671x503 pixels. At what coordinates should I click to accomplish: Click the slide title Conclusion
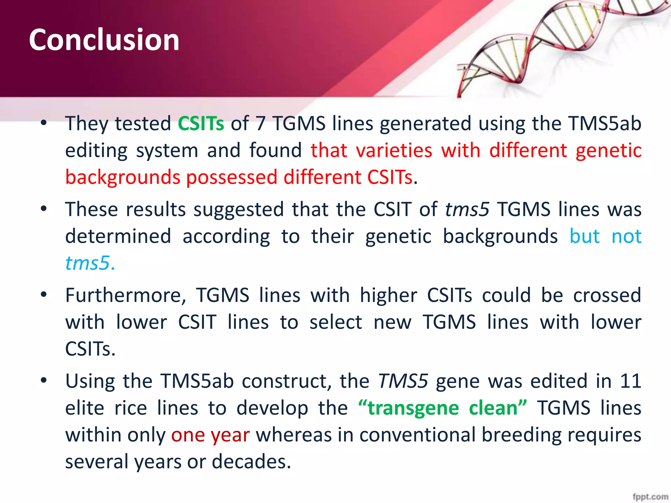(x=104, y=40)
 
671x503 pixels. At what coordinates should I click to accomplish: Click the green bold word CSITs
(x=201, y=123)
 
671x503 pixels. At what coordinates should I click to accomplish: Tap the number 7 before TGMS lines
(x=260, y=123)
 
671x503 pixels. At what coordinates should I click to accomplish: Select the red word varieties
(x=394, y=150)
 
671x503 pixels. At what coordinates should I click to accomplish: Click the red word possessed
(x=232, y=177)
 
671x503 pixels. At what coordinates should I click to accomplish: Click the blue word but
(x=585, y=236)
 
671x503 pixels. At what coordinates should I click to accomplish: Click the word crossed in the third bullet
(x=607, y=295)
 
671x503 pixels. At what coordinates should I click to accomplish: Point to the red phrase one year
(x=210, y=435)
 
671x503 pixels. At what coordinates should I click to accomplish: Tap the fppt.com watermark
(x=650, y=496)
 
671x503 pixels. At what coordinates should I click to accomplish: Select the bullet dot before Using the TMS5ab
(x=44, y=381)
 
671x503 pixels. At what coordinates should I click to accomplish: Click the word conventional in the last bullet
(x=417, y=435)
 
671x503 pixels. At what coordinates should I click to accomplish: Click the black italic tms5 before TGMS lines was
(x=467, y=209)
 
